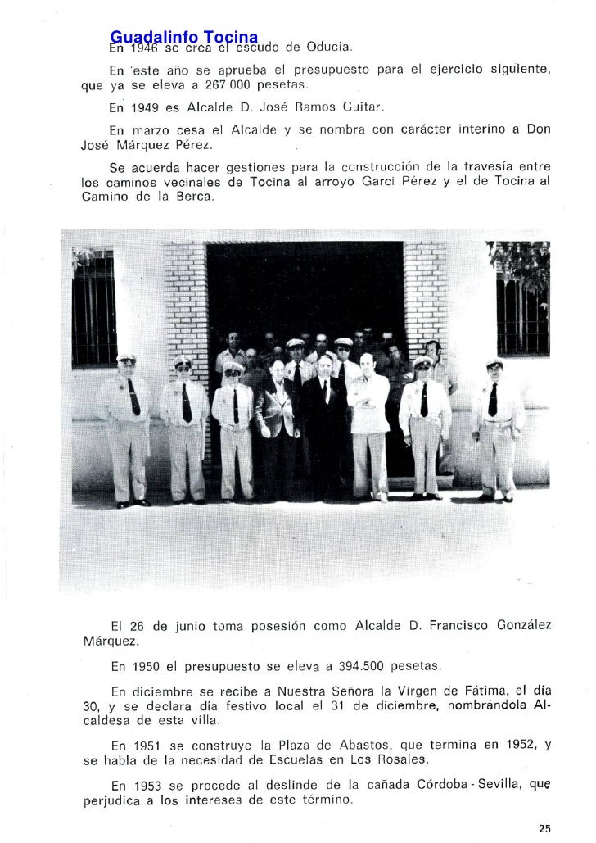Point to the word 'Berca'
coord(192,197)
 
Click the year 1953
coord(147,785)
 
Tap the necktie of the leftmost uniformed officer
coord(133,397)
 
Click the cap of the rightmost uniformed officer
coord(494,363)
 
